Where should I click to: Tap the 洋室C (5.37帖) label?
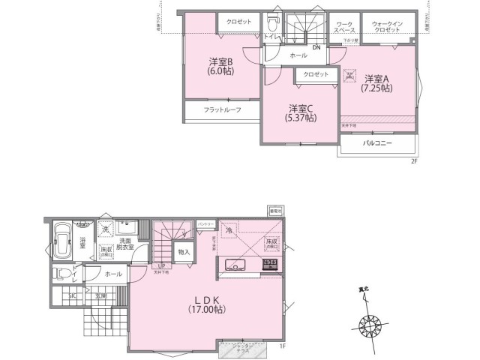pyautogui.click(x=301, y=112)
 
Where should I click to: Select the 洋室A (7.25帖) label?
pyautogui.click(x=377, y=82)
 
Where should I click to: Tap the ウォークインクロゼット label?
pyautogui.click(x=388, y=28)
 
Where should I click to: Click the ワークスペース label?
pyautogui.click(x=345, y=28)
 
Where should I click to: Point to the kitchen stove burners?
pyautogui.click(x=269, y=265)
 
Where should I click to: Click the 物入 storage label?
pyautogui.click(x=183, y=253)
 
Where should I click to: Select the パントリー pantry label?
pyautogui.click(x=206, y=223)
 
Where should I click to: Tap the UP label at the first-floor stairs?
pyautogui.click(x=160, y=266)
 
